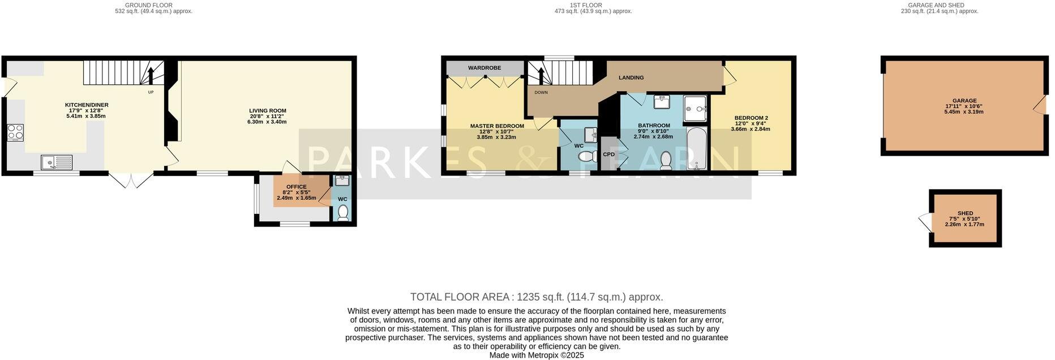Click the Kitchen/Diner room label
pyautogui.click(x=87, y=105)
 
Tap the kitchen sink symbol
pyautogui.click(x=57, y=163)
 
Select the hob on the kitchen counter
pyautogui.click(x=15, y=132)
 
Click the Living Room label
pyautogui.click(x=268, y=111)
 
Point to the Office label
pyautogui.click(x=296, y=187)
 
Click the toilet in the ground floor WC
pyautogui.click(x=342, y=212)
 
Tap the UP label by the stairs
pyautogui.click(x=151, y=92)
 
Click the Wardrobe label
pyautogui.click(x=484, y=68)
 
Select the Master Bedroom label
pyautogui.click(x=497, y=126)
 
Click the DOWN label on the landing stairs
pyautogui.click(x=541, y=92)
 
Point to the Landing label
pyautogui.click(x=631, y=78)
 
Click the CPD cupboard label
pyautogui.click(x=609, y=154)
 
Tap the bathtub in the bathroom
pyautogui.click(x=696, y=149)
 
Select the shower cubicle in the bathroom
pyautogui.click(x=696, y=109)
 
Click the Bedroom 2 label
pyautogui.click(x=751, y=118)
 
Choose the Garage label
pyautogui.click(x=964, y=101)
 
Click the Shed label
pyautogui.click(x=964, y=213)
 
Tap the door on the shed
pyautogui.click(x=924, y=221)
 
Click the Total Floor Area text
pyautogui.click(x=536, y=297)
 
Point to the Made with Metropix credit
pyautogui.click(x=536, y=355)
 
